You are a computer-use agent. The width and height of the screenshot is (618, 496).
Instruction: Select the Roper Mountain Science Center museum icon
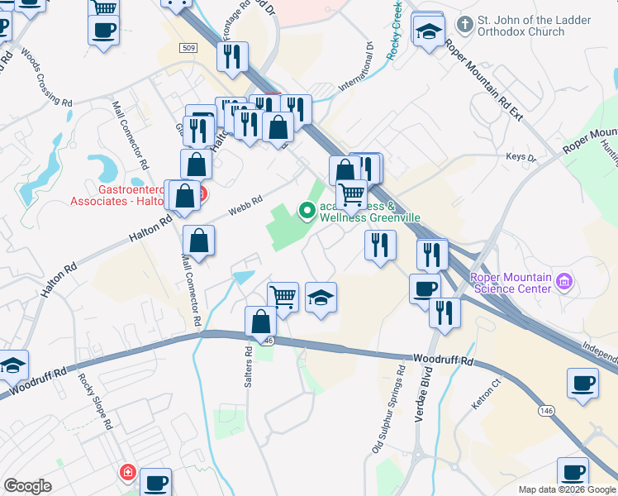pyautogui.click(x=565, y=282)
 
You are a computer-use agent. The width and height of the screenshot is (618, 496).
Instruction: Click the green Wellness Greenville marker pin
pyautogui.click(x=307, y=212)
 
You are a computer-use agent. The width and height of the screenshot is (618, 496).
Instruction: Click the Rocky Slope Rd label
pyautogui.click(x=95, y=402)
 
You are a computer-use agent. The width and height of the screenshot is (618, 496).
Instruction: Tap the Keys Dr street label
pyautogui.click(x=521, y=158)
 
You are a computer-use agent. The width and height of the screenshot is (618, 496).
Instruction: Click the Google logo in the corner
pyautogui.click(x=27, y=486)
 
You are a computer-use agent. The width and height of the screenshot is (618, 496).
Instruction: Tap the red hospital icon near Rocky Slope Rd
pyautogui.click(x=127, y=473)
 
